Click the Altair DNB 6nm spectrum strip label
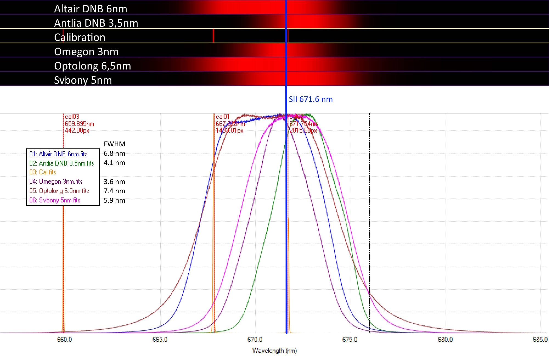[91, 9]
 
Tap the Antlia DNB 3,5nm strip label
[96, 23]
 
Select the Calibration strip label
[80, 37]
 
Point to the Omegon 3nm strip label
[86, 52]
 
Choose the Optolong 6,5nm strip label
[92, 66]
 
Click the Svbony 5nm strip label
[83, 80]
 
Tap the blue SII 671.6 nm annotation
[311, 99]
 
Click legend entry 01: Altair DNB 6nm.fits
[58, 154]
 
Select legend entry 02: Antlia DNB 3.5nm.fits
[61, 163]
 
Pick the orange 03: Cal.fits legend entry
[43, 172]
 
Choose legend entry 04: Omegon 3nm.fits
[56, 182]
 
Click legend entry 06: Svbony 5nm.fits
[55, 200]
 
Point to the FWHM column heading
[114, 144]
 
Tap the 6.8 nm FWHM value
[114, 154]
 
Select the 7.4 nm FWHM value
[114, 191]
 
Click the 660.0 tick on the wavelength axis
[64, 340]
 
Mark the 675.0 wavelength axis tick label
[350, 340]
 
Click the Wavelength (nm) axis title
[274, 351]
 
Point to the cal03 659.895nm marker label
[79, 124]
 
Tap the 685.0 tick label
[540, 340]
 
